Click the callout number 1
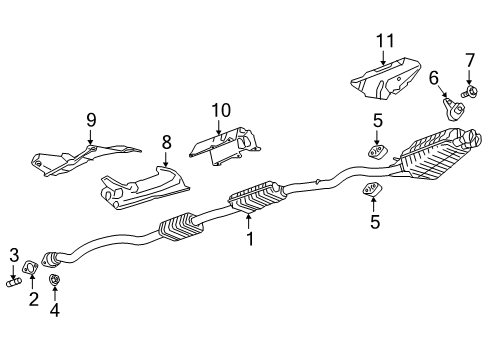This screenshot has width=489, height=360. pos(250,240)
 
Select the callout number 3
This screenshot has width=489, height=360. pos(14,253)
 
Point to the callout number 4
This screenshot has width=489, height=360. pos(55,310)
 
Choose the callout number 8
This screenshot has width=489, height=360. pos(166,142)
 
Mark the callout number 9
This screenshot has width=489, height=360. pos(90,120)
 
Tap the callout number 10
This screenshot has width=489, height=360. pos(221,109)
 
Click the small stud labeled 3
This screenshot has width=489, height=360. pos(15,282)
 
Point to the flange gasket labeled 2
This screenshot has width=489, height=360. pos(32,268)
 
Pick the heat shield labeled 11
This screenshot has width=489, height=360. pos(385,76)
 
